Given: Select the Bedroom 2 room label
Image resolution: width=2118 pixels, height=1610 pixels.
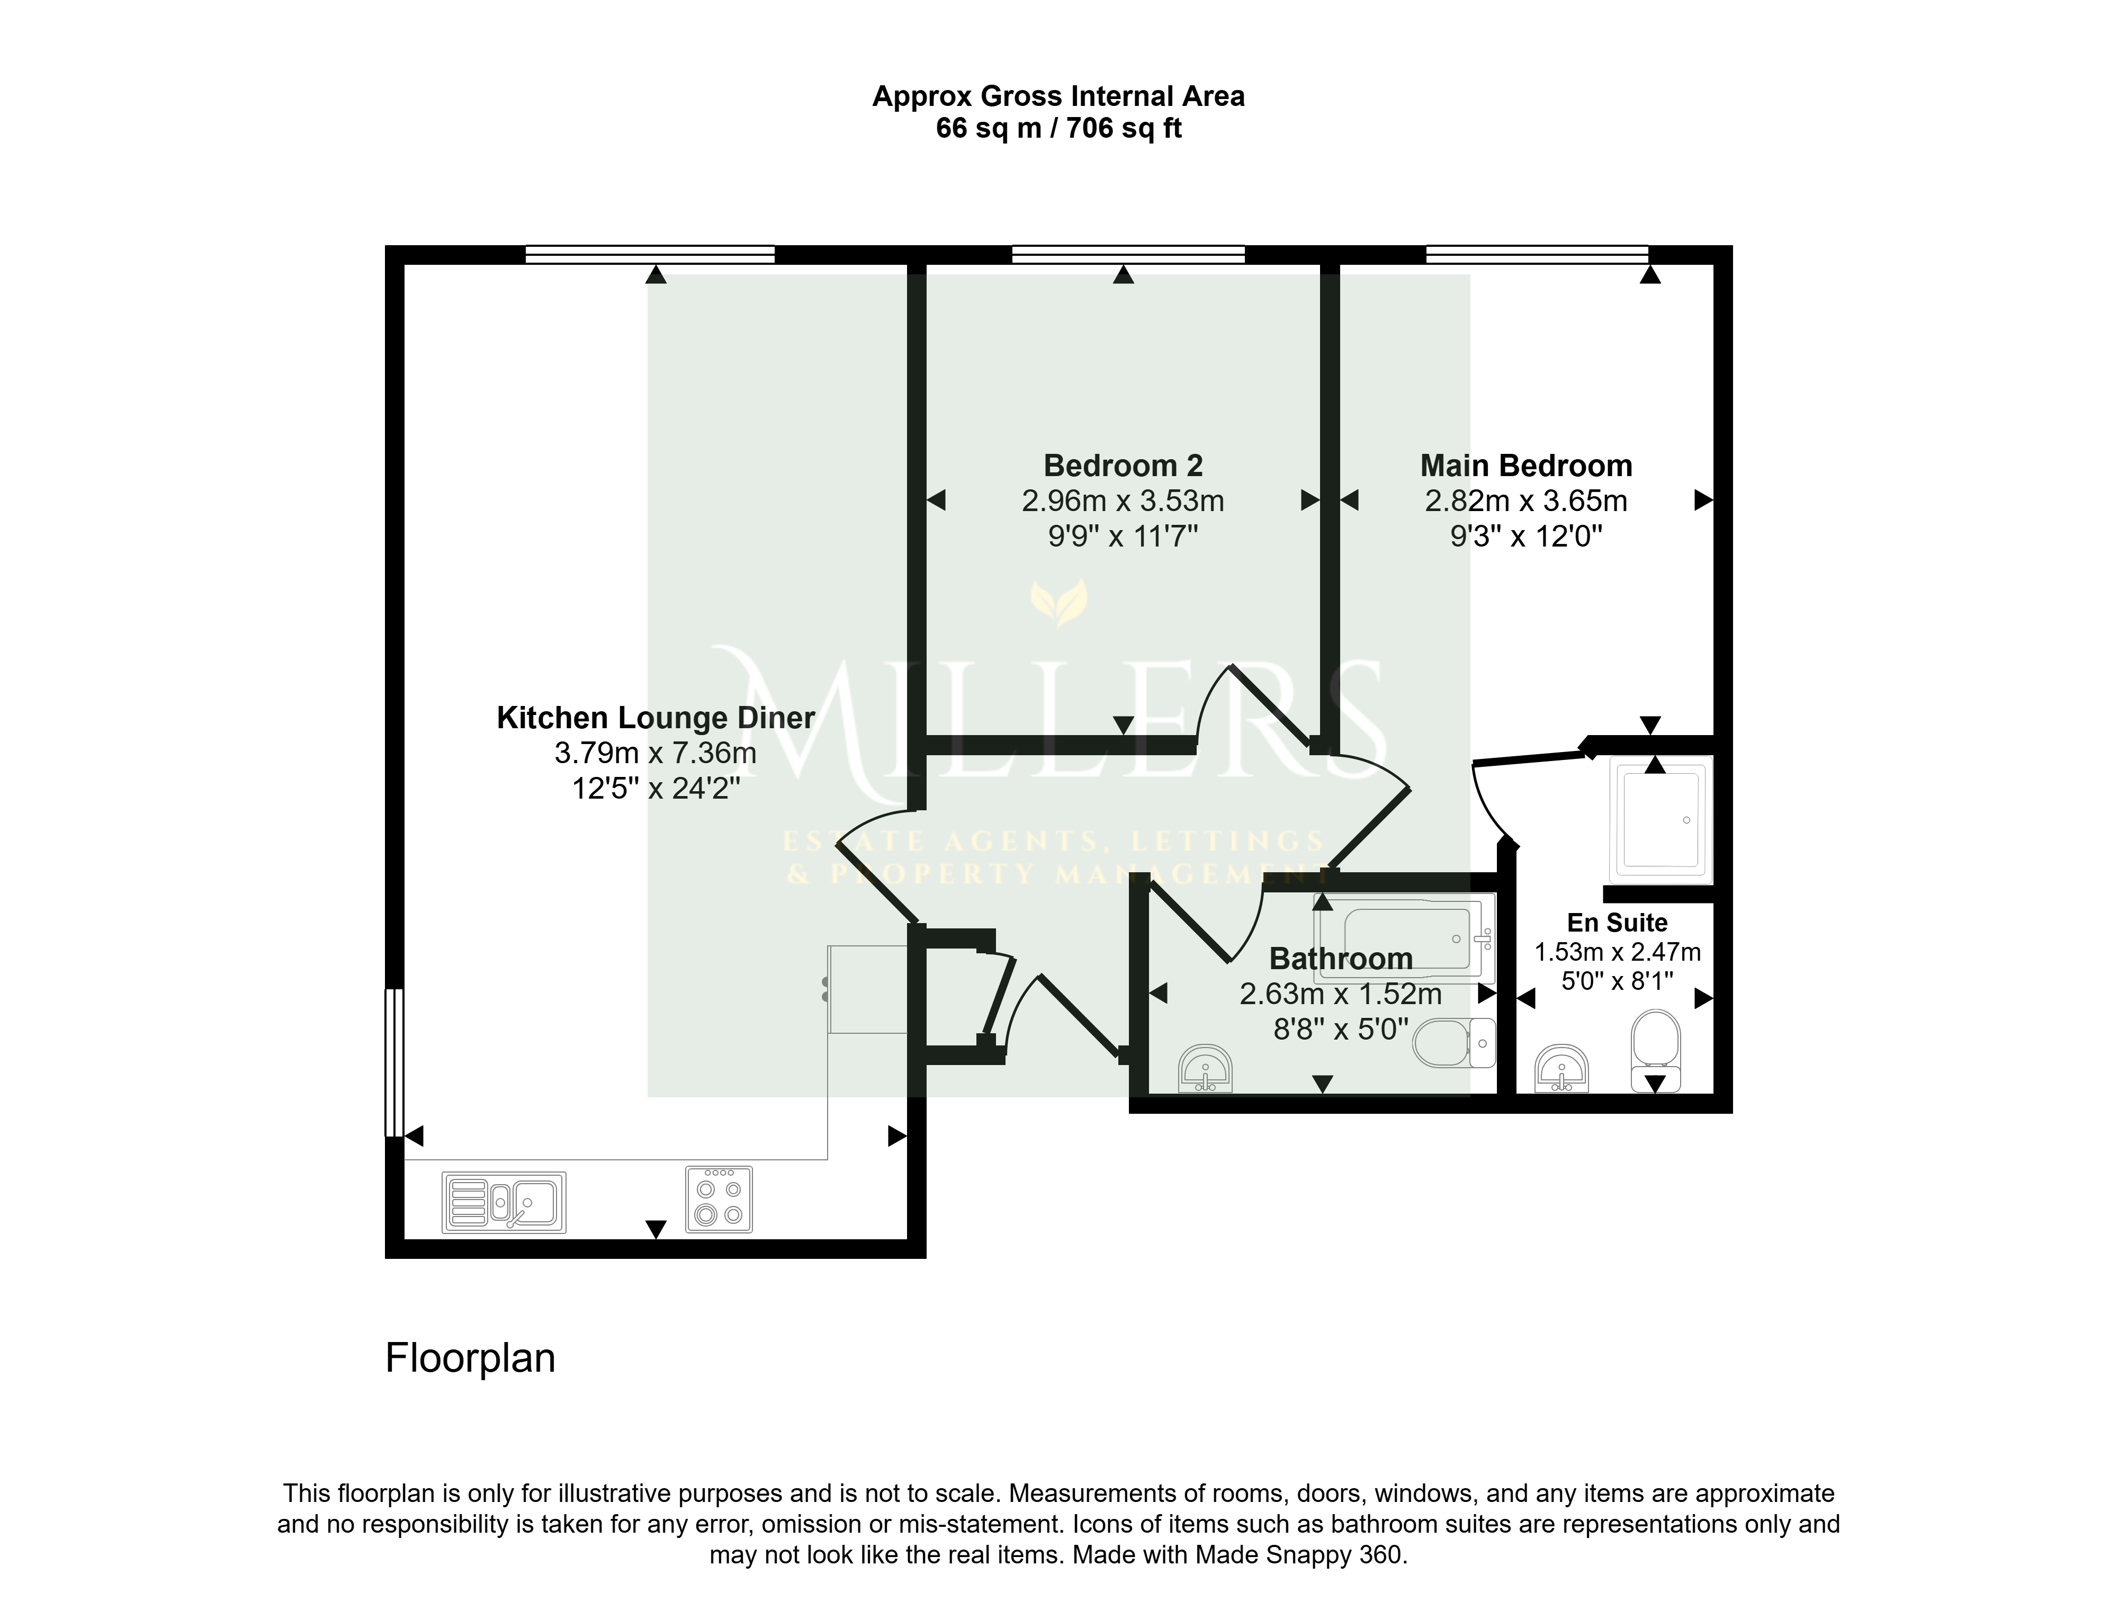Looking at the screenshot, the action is point(1123,466).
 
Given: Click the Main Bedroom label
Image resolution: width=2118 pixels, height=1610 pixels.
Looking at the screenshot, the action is point(1526,466).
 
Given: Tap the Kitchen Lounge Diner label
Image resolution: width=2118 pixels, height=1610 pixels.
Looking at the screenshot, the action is point(655,718).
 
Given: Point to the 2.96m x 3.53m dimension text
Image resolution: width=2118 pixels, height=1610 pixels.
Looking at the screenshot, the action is point(1123,500).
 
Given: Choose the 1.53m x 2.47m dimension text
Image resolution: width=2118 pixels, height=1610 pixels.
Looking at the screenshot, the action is point(1618,952).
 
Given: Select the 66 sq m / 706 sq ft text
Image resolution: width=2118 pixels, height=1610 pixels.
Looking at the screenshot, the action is point(1058,128).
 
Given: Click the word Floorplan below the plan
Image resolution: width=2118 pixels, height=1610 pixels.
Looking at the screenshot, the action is point(470,1358).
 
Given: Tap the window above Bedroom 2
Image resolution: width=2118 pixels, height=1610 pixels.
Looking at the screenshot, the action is point(1128,254).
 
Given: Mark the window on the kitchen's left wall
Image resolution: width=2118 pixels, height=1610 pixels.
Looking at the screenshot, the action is point(394,1063).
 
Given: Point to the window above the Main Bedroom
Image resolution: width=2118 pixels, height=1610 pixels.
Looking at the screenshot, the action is point(1538,254).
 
